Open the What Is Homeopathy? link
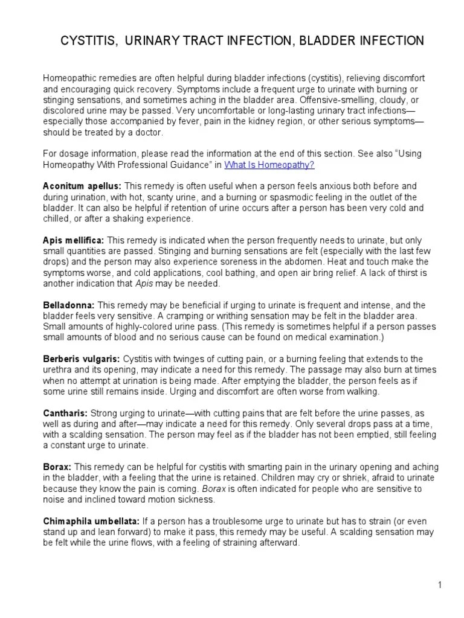[x=269, y=164]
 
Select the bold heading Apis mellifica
[x=73, y=240]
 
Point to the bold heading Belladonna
[x=69, y=305]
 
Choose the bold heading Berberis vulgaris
[x=82, y=359]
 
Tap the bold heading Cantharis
[x=66, y=413]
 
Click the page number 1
[x=441, y=585]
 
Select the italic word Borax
[x=213, y=488]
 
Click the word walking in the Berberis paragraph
[x=362, y=392]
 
